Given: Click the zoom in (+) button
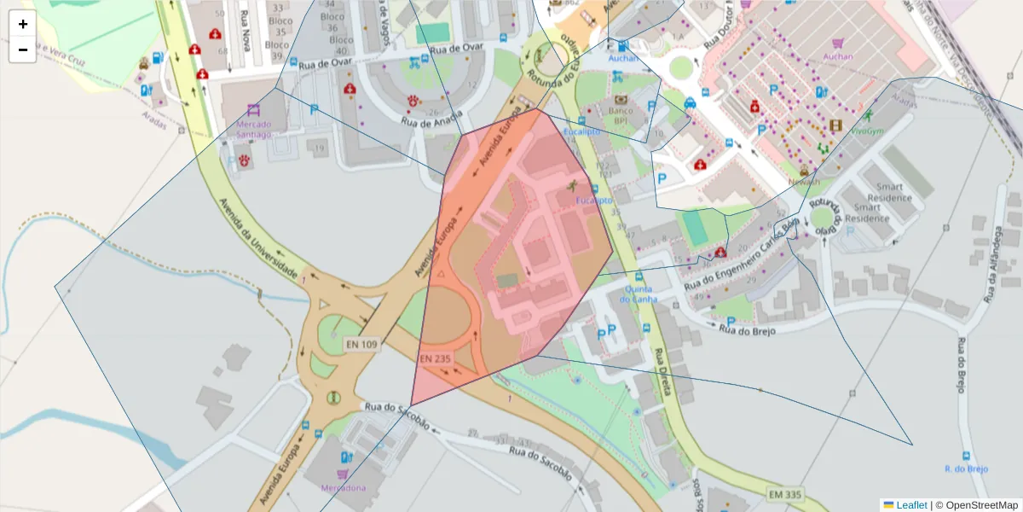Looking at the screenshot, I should (x=23, y=24).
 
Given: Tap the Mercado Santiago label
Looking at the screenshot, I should (x=253, y=129).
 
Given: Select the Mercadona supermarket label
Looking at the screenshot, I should (x=343, y=488).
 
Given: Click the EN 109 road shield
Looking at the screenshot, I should (x=361, y=345).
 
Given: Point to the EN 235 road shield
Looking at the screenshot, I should (x=435, y=359).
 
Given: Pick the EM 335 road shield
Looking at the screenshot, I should (x=784, y=495).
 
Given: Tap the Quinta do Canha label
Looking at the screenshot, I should (x=639, y=294).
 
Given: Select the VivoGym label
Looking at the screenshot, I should (x=868, y=131).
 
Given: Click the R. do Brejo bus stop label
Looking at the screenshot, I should (x=965, y=468).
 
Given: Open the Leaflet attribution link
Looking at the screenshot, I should (x=910, y=505).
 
